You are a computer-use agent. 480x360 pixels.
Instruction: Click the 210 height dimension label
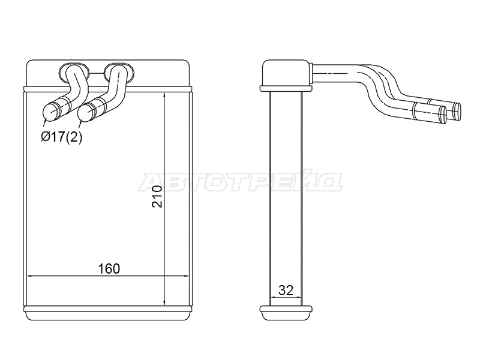[x=157, y=197]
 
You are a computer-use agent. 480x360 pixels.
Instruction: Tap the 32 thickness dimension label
[x=286, y=290]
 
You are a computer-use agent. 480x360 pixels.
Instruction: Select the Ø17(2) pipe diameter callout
[x=62, y=137]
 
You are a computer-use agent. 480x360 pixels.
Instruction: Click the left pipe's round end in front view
[x=50, y=112]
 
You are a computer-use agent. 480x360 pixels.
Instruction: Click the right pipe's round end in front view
[x=86, y=112]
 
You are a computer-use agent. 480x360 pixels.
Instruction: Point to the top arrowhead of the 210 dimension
[x=164, y=95]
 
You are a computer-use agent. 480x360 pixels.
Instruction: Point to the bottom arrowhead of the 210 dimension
[x=164, y=302]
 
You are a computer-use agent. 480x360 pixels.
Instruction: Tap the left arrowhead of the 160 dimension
[x=31, y=276]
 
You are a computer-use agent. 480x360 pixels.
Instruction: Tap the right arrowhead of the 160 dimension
[x=185, y=276]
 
